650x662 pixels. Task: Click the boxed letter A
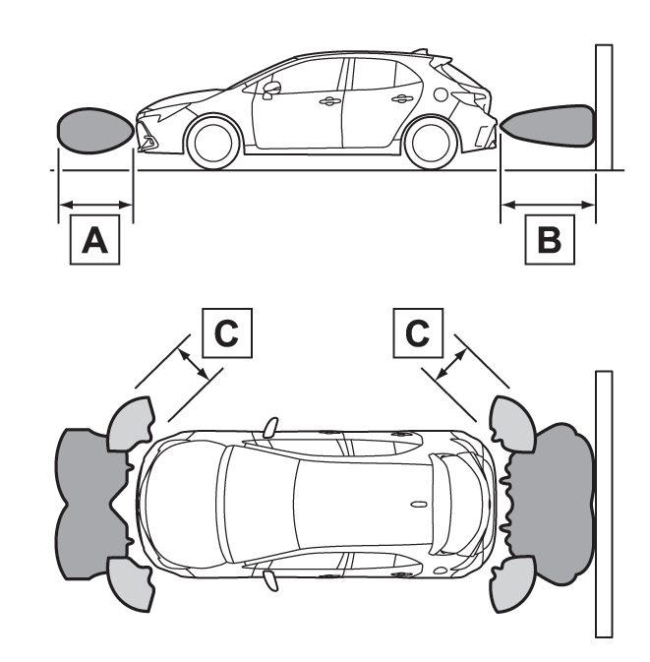94,240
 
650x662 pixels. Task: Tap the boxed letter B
548,239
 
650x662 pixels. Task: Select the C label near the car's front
226,333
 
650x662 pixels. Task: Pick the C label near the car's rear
417,333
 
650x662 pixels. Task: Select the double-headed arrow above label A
95,205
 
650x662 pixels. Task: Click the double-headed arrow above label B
548,205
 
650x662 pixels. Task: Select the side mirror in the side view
271,88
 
